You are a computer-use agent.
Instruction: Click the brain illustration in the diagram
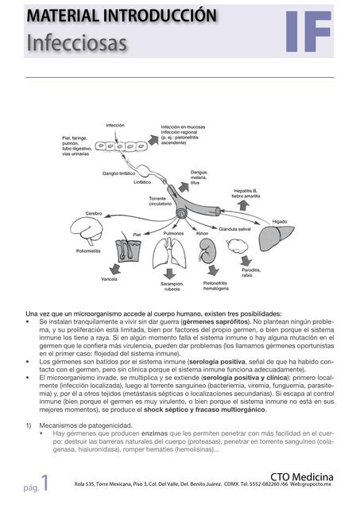point(87,231)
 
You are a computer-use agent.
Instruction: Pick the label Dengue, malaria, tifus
point(200,177)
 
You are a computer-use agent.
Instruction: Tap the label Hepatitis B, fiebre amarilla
point(250,193)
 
